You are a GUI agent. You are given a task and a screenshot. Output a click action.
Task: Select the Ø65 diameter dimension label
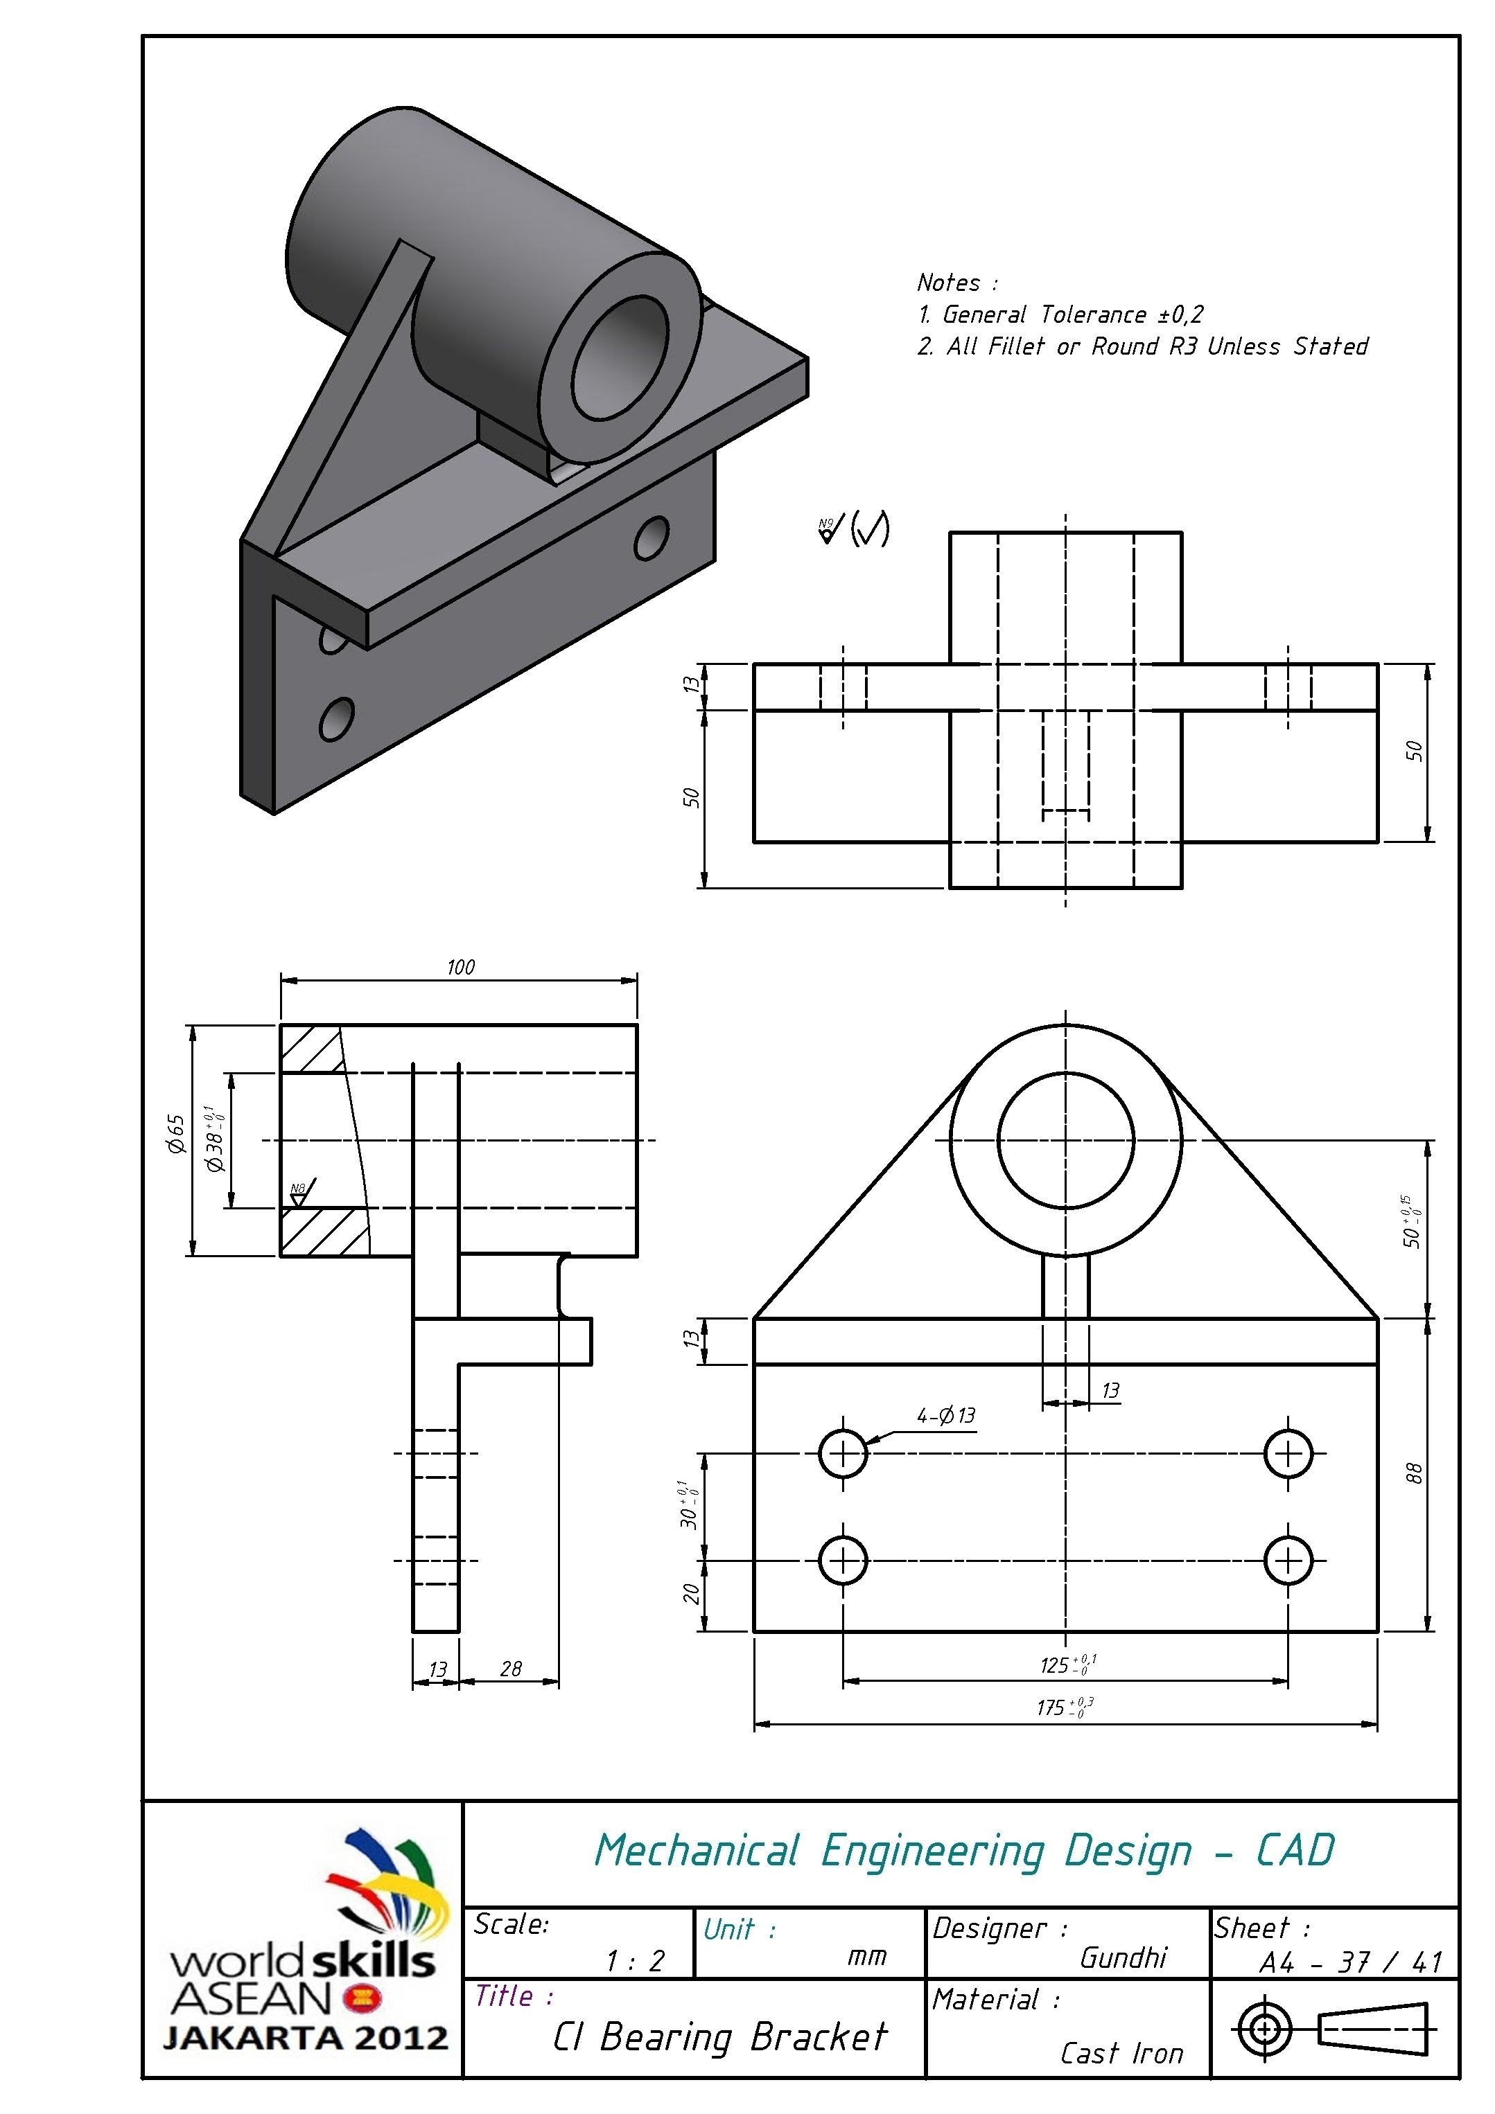[177, 1135]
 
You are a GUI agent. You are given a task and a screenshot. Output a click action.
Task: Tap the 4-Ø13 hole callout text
[945, 1415]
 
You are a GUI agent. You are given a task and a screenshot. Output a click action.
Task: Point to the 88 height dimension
[1415, 1473]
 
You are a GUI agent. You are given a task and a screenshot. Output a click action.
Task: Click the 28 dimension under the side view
[510, 1669]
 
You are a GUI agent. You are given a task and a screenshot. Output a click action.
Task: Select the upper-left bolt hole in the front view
[843, 1454]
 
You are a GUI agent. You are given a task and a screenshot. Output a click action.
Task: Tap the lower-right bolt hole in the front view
[1288, 1560]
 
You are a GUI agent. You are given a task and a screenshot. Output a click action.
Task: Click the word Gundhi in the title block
[1122, 1957]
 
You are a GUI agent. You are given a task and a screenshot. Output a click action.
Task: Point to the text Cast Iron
[1120, 2052]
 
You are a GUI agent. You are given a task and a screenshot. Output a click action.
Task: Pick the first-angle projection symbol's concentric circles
[1265, 2028]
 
